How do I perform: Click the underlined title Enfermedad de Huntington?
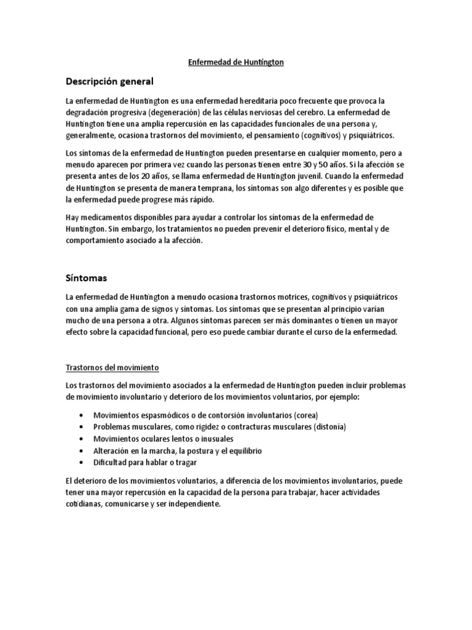pos(235,62)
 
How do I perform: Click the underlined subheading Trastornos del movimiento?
pos(112,368)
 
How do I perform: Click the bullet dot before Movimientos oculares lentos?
pos(82,439)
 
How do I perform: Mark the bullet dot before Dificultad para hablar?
pos(82,463)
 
